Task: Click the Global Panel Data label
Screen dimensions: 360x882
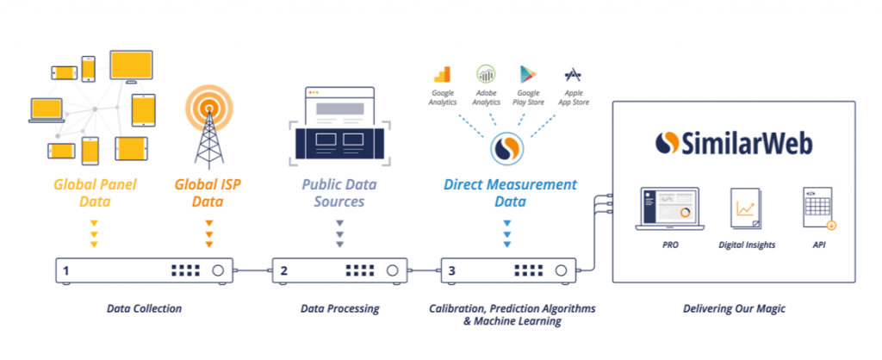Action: [95, 193]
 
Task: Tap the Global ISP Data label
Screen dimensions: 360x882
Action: [208, 193]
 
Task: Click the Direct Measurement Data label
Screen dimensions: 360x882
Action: [510, 193]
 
